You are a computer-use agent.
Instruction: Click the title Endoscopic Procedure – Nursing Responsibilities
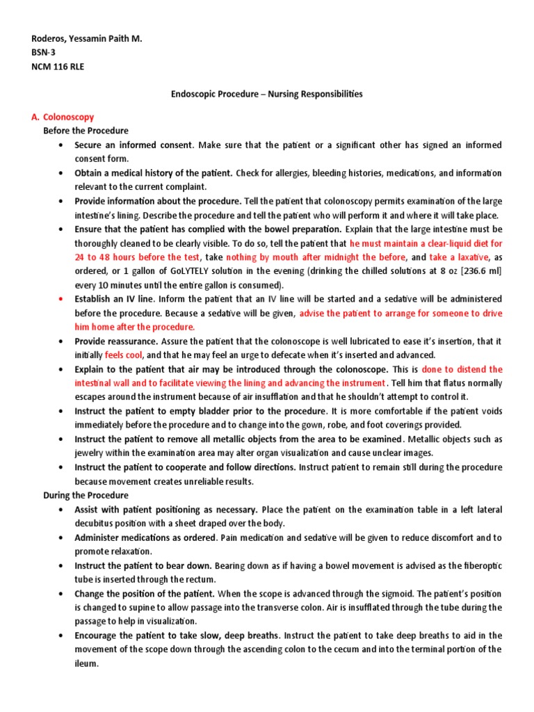click(x=266, y=93)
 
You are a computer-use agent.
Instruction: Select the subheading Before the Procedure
click(x=86, y=131)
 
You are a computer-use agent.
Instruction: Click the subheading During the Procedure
click(x=86, y=495)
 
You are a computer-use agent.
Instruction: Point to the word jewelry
click(x=92, y=453)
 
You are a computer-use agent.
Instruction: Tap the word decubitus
click(x=97, y=524)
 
